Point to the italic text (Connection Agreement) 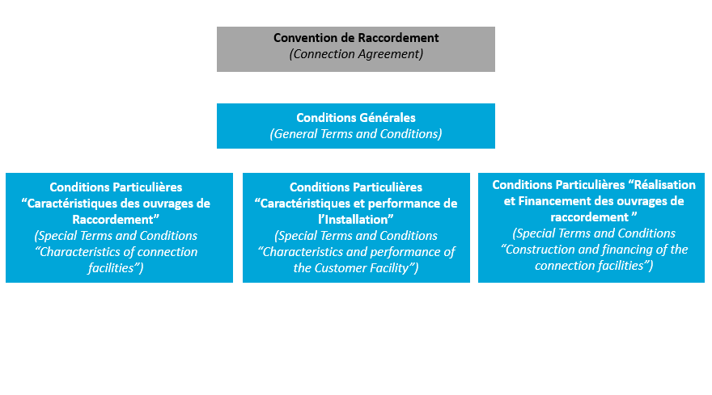[356, 54]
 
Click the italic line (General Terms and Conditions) [356, 134]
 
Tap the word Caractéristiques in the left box [73, 203]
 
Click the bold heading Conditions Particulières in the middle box [356, 187]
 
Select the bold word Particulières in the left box [146, 187]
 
